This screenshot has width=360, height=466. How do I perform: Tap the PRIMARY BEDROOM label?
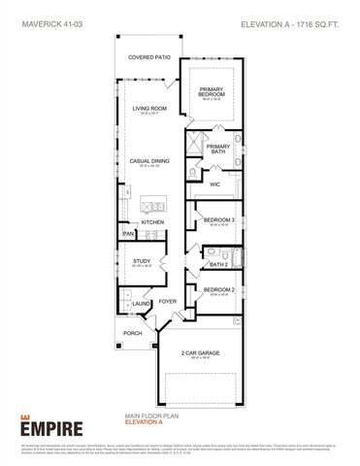tap(213, 92)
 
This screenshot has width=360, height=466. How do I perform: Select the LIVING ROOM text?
tap(150, 109)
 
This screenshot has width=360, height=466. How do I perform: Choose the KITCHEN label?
tap(153, 222)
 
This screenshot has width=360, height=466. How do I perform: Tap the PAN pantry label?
tap(127, 234)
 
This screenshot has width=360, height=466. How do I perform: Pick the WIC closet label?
tap(216, 182)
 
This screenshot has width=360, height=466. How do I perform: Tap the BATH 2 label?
tap(218, 263)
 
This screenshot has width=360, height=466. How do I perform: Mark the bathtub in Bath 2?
tap(239, 257)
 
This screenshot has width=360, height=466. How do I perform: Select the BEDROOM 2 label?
tap(218, 290)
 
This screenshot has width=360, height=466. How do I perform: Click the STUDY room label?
tap(141, 262)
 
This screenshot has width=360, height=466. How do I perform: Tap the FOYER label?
tap(167, 302)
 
